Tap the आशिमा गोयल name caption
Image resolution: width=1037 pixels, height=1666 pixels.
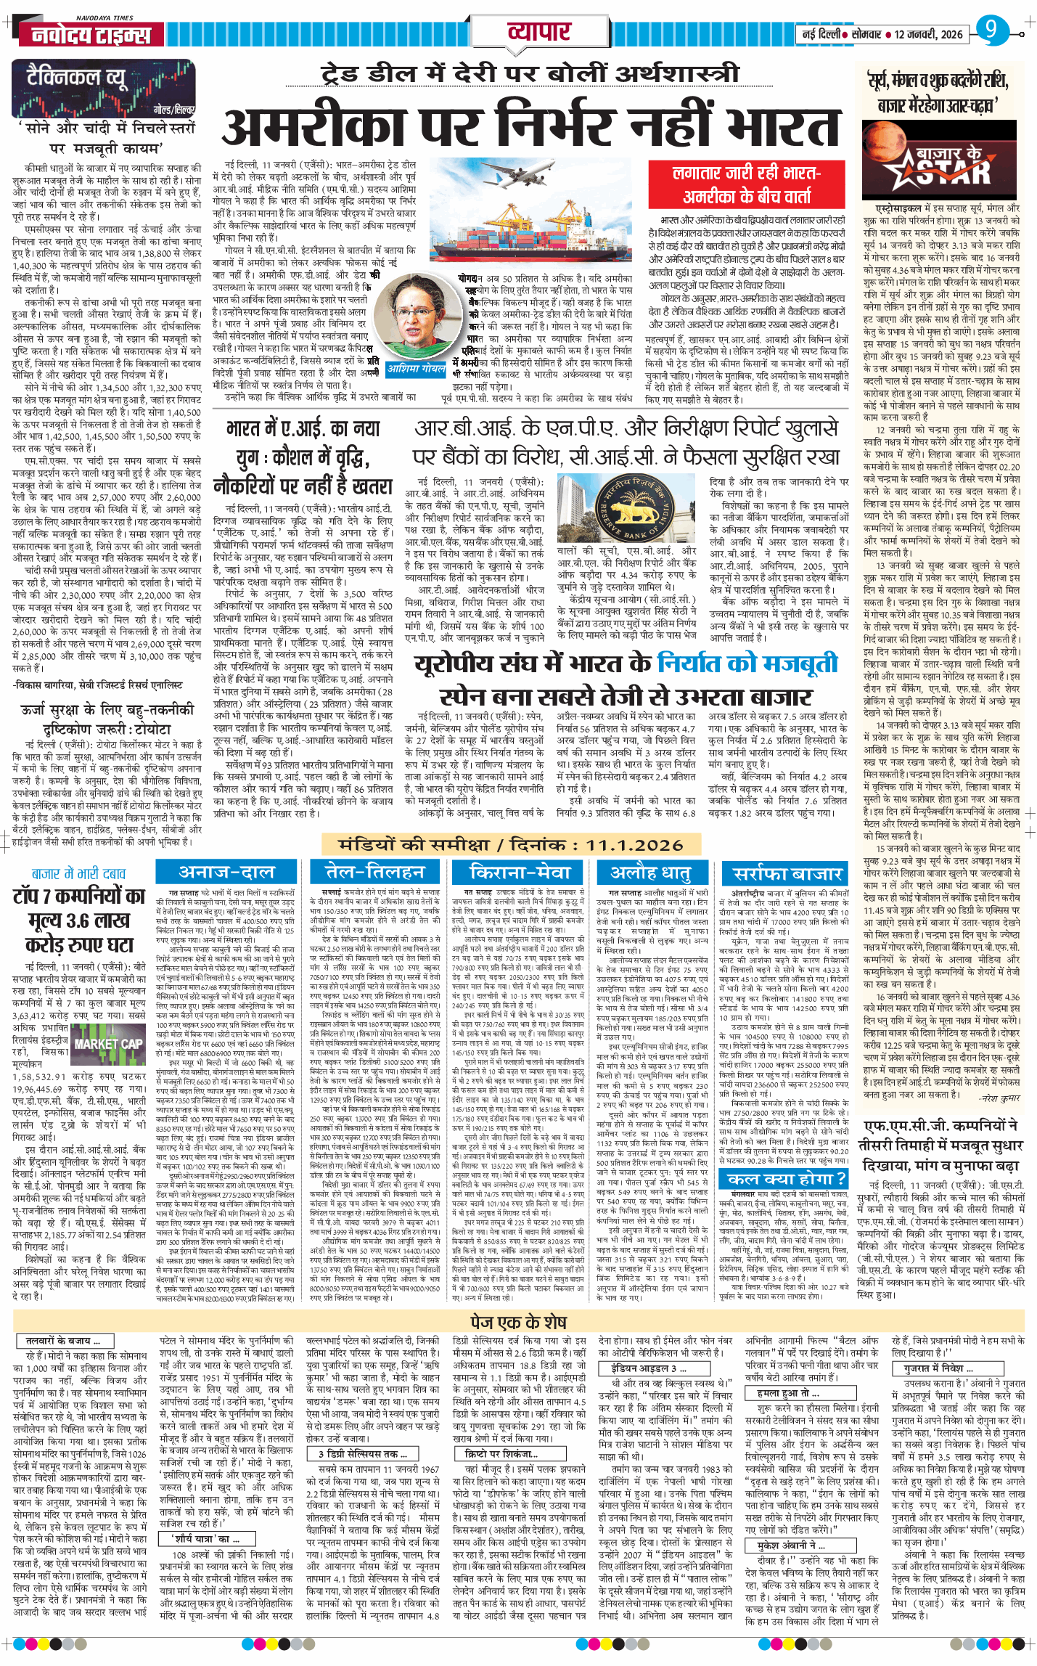[416, 369]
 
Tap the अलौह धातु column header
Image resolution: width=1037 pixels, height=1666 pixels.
[650, 872]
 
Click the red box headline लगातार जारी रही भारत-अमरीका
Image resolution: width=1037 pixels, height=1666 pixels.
[747, 184]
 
